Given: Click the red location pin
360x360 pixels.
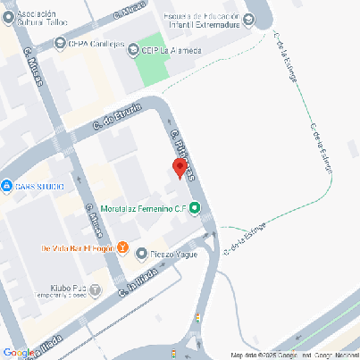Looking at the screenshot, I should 179,168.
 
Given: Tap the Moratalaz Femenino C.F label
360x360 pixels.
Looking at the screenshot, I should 143,210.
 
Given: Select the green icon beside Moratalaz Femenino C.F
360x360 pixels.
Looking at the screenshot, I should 196,210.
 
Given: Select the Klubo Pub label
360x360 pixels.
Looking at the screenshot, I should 68,287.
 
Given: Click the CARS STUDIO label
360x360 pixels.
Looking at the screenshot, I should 38,186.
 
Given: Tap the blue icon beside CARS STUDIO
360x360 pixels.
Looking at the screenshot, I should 5,186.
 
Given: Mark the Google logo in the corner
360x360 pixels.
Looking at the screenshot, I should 20,353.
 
